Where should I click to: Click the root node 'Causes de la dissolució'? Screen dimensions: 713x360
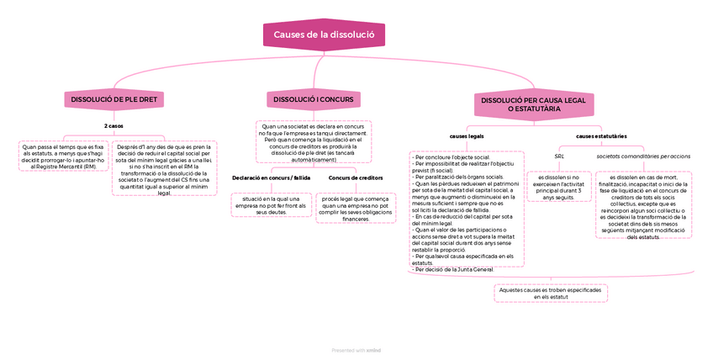coord(324,34)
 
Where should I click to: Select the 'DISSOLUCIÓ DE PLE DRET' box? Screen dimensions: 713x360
coord(114,99)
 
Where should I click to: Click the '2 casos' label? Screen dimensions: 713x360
coord(114,125)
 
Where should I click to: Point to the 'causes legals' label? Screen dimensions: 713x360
coord(467,135)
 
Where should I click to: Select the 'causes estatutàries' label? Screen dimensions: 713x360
coord(601,135)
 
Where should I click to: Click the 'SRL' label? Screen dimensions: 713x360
coord(559,156)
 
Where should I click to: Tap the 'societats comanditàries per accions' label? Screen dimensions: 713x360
coord(643,156)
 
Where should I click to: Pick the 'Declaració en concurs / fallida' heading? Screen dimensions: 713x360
coord(271,178)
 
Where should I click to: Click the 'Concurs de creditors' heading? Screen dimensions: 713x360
coord(356,178)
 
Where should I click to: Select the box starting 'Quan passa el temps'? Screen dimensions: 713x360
coord(64,156)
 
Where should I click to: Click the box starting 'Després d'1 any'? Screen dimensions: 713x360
coord(164,168)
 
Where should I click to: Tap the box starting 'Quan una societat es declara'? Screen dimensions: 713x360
coord(314,141)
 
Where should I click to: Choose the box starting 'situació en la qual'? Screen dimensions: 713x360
coord(271,204)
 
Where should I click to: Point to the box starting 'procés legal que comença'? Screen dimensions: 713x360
coord(356,208)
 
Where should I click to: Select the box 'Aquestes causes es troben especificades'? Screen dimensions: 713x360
coord(550,293)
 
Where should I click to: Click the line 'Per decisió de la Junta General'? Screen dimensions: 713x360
coord(454,269)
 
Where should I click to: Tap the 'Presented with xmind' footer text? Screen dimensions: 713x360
coord(356,351)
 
